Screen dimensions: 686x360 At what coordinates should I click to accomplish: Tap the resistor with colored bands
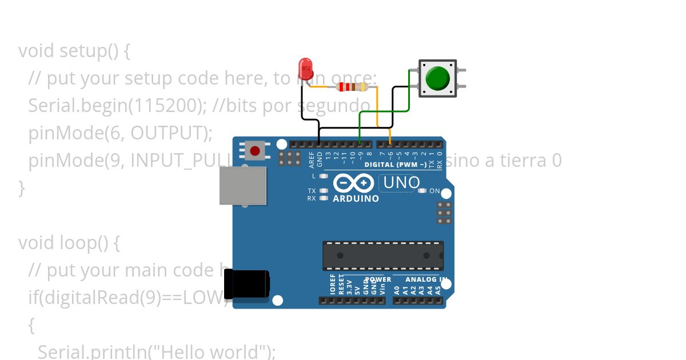352,87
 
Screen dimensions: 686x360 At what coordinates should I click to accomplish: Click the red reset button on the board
255,151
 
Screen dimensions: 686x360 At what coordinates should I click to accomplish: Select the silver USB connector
243,186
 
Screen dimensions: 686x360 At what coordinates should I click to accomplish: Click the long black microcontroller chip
382,255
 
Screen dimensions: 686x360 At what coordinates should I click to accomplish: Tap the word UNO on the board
401,183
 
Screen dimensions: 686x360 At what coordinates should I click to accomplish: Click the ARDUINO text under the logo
356,199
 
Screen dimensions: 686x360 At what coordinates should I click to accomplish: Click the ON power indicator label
434,191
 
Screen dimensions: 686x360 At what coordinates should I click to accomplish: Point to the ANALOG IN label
426,279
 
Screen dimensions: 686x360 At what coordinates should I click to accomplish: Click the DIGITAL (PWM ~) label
396,165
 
